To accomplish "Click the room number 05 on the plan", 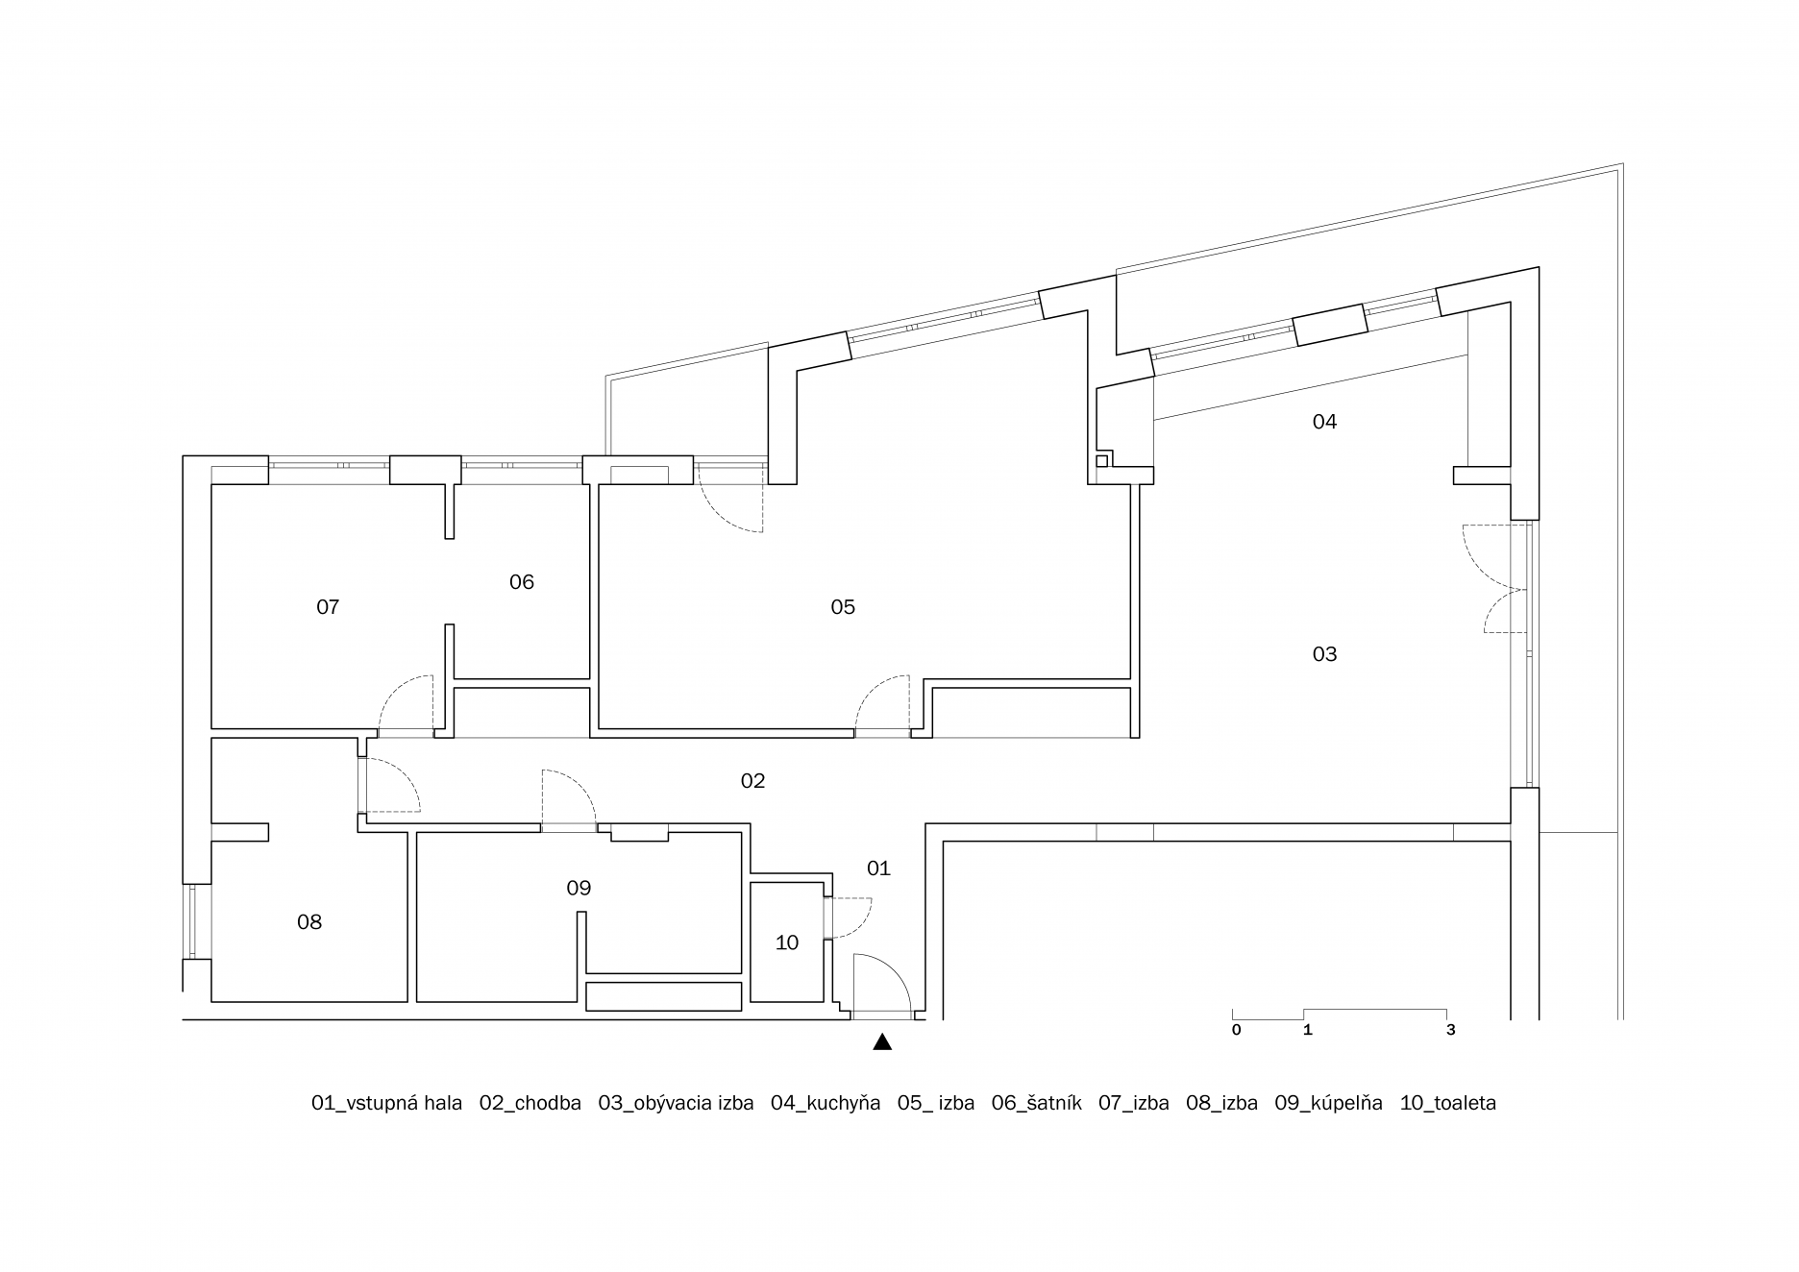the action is pyautogui.click(x=842, y=607).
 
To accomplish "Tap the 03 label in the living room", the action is pyautogui.click(x=1324, y=654).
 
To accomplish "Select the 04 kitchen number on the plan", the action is pyautogui.click(x=1324, y=422).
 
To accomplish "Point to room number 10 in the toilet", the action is pyautogui.click(x=787, y=943).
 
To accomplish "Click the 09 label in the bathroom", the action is pyautogui.click(x=579, y=888).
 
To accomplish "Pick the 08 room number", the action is pyautogui.click(x=309, y=922).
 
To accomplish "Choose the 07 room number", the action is pyautogui.click(x=328, y=607).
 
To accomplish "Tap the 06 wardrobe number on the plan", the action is pyautogui.click(x=522, y=582).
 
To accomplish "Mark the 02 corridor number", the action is pyautogui.click(x=752, y=781).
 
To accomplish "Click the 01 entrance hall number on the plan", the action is pyautogui.click(x=878, y=868).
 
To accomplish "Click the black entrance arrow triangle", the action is pyautogui.click(x=882, y=1042).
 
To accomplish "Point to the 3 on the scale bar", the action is pyautogui.click(x=1451, y=1030).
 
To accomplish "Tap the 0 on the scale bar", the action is pyautogui.click(x=1237, y=1030).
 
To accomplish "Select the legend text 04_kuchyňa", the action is pyautogui.click(x=826, y=1103).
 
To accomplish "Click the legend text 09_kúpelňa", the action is pyautogui.click(x=1329, y=1103).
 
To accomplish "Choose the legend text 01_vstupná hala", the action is pyautogui.click(x=386, y=1103).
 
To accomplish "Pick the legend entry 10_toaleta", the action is pyautogui.click(x=1448, y=1103).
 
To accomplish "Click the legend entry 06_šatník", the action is pyautogui.click(x=1037, y=1103).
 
